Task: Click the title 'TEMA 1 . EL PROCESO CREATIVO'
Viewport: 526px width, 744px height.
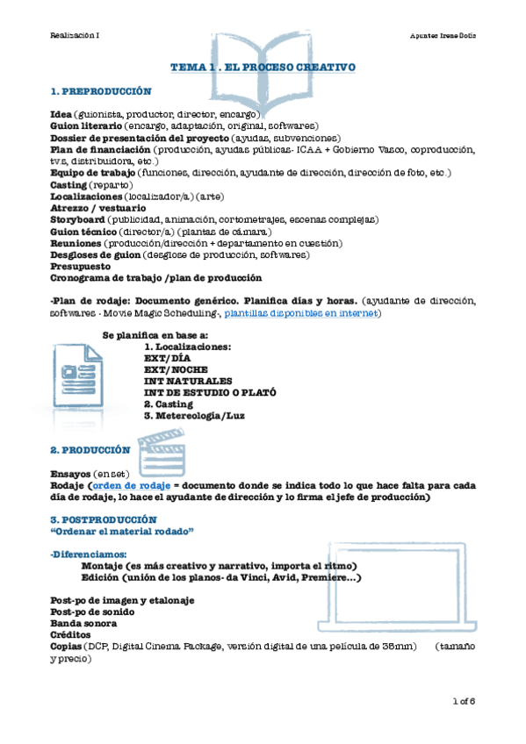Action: click(262, 67)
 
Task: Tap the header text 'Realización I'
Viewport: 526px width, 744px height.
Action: click(75, 34)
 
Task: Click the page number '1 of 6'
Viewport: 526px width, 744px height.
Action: click(463, 701)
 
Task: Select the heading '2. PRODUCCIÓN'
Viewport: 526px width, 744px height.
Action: click(90, 450)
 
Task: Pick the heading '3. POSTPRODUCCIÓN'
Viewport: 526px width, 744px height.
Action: click(97, 519)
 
